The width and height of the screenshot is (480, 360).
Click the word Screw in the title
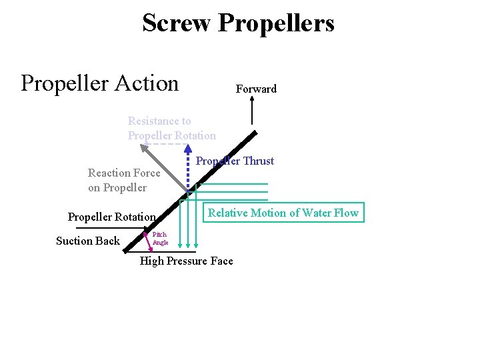[x=177, y=23]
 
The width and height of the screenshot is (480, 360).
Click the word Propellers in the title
[x=276, y=23]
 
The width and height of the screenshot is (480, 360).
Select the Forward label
[x=256, y=89]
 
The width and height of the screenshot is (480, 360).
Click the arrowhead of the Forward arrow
[x=252, y=100]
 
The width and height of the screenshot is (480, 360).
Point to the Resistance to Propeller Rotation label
[x=171, y=128]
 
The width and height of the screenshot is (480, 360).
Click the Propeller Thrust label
[x=235, y=161]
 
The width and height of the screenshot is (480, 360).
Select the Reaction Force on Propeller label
[x=124, y=180]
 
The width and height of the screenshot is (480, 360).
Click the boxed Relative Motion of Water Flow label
[x=283, y=213]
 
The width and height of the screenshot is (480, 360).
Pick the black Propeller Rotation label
[x=111, y=217]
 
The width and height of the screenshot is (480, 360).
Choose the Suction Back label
[x=87, y=241]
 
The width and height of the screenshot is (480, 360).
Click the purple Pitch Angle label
[x=160, y=239]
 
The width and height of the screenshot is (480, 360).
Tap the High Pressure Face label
[x=186, y=261]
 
